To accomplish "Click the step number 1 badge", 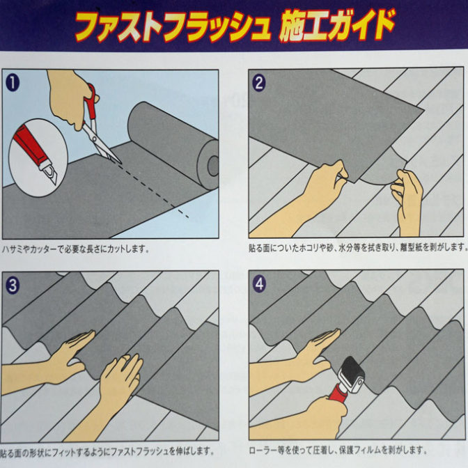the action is click(x=13, y=83).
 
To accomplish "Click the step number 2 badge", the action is click(x=259, y=83).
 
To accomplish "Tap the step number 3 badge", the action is click(x=13, y=286).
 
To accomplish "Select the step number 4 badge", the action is click(x=259, y=284).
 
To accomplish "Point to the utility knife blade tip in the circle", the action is click(x=56, y=184).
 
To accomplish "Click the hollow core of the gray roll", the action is click(x=213, y=166).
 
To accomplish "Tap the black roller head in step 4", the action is click(x=352, y=375).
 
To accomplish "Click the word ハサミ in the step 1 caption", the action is click(x=13, y=249).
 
